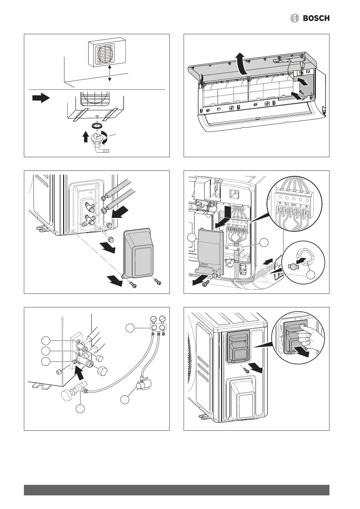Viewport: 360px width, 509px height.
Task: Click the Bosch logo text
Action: point(316,18)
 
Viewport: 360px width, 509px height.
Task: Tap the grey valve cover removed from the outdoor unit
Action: point(139,253)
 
